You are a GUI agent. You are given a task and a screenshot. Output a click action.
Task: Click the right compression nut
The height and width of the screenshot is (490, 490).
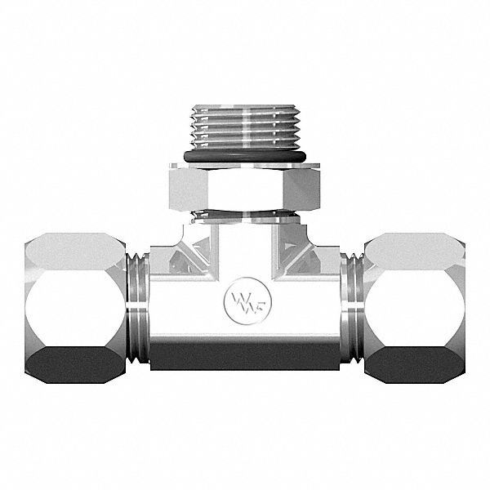click(415, 306)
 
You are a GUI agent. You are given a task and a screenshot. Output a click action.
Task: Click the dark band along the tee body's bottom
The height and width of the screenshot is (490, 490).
click(245, 358)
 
